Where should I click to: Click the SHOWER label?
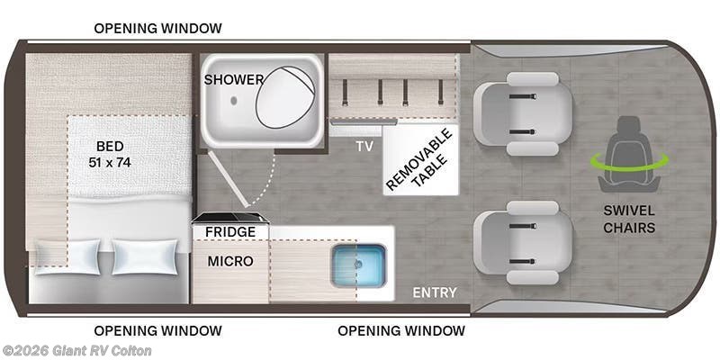tap(233, 79)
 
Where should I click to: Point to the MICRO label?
tap(230, 261)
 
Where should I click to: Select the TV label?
tap(364, 145)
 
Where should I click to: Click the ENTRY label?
tap(435, 292)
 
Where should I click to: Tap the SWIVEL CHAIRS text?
tap(629, 219)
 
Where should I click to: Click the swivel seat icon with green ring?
tap(629, 153)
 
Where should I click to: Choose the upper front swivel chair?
tap(523, 118)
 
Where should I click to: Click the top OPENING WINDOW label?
tap(157, 28)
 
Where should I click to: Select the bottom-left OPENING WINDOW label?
tap(157, 330)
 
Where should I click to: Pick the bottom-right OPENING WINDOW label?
tap(401, 330)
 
